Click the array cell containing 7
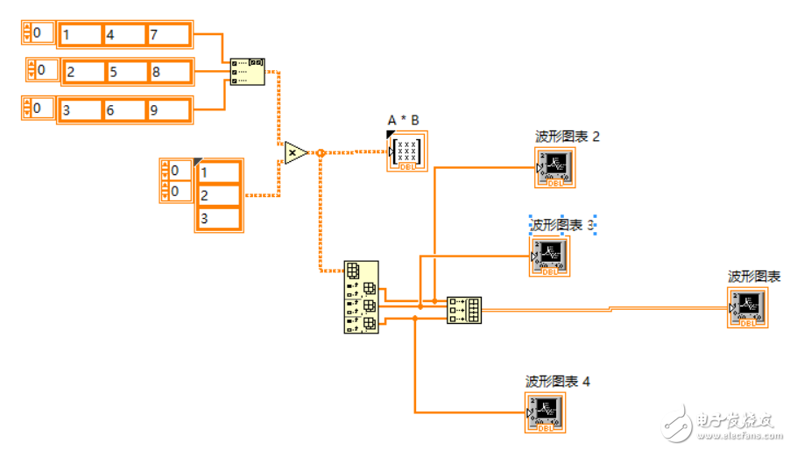[x=167, y=35]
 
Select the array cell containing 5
[x=126, y=72]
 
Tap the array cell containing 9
[x=167, y=110]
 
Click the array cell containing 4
[x=123, y=35]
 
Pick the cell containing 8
[x=169, y=72]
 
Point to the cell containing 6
[x=123, y=110]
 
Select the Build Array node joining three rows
[x=248, y=72]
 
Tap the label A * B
[x=404, y=120]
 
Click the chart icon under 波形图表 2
[x=555, y=166]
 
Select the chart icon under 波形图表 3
[x=550, y=256]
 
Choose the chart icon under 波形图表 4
[x=546, y=412]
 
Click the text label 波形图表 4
[x=558, y=382]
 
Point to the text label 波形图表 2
[x=568, y=137]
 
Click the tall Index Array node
[x=361, y=297]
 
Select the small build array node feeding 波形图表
[x=463, y=309]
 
